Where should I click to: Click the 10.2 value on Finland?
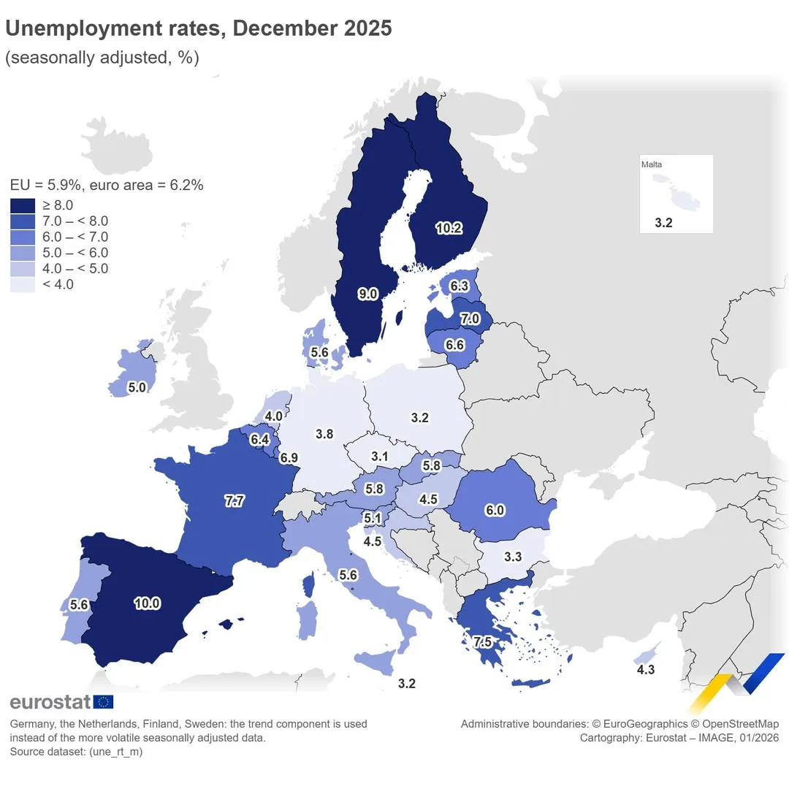[x=449, y=228]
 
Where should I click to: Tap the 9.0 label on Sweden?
[x=367, y=294]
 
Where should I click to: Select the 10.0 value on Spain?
[x=147, y=603]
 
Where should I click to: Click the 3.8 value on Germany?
[x=324, y=434]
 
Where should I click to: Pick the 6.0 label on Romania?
[x=495, y=510]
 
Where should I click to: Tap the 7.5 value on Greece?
[x=483, y=642]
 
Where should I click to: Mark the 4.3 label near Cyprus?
[x=645, y=669]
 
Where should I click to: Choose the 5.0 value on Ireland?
[x=137, y=388]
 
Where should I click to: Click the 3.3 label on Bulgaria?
[x=513, y=557]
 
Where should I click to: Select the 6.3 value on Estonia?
[x=459, y=286]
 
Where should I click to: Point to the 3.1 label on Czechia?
[x=379, y=457]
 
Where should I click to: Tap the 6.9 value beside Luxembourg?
[x=289, y=458]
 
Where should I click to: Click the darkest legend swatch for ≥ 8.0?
[x=23, y=205]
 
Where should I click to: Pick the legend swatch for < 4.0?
[x=23, y=284]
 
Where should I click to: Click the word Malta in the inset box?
[x=652, y=164]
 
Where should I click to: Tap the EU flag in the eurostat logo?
[x=104, y=702]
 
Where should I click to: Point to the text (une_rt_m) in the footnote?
[x=115, y=752]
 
